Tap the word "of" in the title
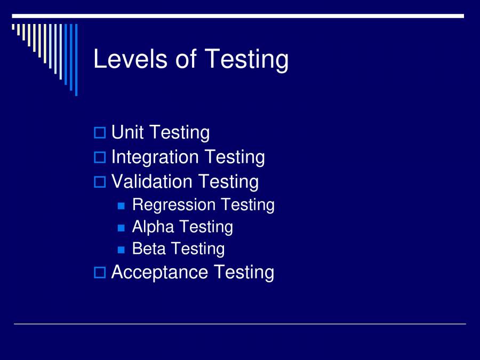[186, 59]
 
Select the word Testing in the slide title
[246, 60]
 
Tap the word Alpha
[153, 227]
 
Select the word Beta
[149, 249]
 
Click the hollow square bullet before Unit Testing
[100, 133]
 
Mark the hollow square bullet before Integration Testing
[100, 157]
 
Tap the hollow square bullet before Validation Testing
[100, 182]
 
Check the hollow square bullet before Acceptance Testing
[100, 273]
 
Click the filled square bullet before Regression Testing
[121, 205]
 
